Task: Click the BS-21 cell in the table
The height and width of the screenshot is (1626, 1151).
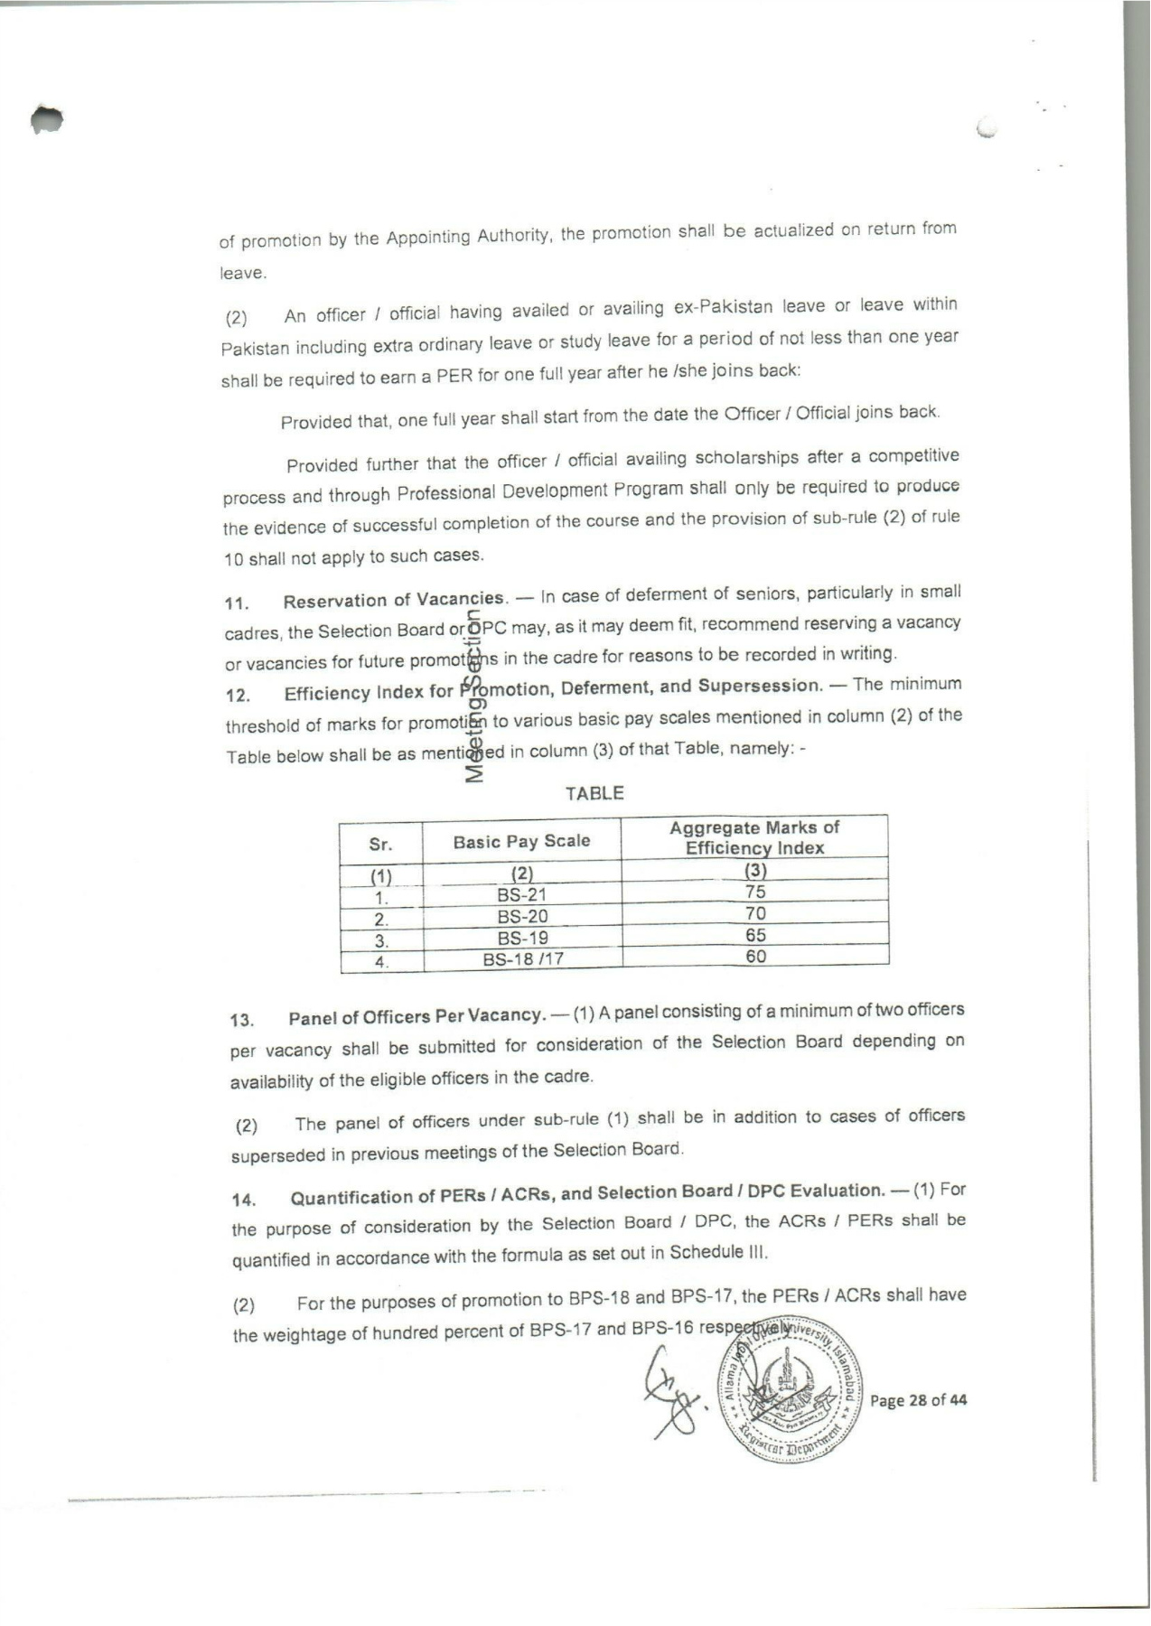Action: click(x=522, y=895)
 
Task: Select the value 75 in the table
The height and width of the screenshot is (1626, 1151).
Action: click(x=755, y=892)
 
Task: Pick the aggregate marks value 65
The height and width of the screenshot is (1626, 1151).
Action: click(x=755, y=935)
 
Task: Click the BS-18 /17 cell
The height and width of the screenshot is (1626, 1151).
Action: click(x=523, y=959)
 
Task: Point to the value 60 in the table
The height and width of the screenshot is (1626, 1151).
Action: click(x=756, y=956)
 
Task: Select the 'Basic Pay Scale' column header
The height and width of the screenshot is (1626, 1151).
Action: click(x=521, y=842)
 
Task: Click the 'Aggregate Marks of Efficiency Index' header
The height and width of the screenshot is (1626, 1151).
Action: click(x=754, y=837)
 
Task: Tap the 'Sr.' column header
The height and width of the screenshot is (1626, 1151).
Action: click(x=380, y=845)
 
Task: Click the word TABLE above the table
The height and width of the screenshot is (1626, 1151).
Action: click(x=594, y=793)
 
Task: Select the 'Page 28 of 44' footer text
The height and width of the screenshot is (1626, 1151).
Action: click(x=918, y=1400)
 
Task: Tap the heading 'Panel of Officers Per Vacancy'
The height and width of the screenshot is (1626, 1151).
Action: click(x=416, y=1016)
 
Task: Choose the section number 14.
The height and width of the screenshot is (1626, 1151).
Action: click(x=244, y=1201)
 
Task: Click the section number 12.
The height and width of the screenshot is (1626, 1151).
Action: click(x=238, y=696)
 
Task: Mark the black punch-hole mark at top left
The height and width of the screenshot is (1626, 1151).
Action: click(x=45, y=118)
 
